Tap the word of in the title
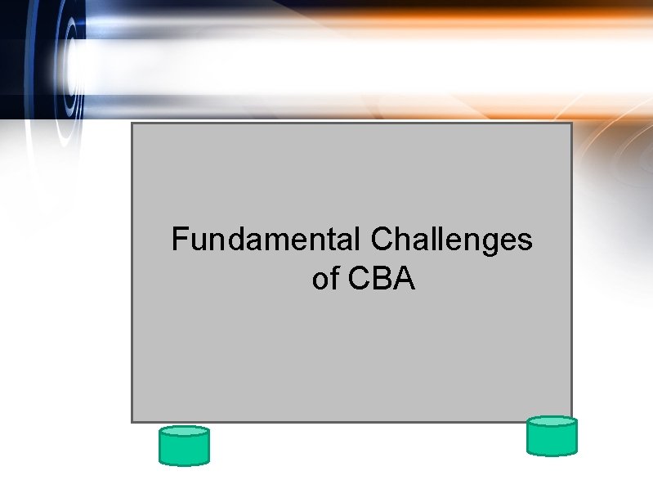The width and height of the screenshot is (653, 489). [324, 280]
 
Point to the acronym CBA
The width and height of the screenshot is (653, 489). [382, 280]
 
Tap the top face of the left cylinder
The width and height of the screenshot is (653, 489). [184, 431]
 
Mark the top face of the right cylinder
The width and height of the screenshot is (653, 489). [552, 421]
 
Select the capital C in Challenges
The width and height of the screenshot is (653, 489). [382, 240]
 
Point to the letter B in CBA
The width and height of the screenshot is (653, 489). [382, 280]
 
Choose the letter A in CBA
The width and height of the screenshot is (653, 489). [404, 280]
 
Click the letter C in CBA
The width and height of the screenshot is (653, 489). [360, 280]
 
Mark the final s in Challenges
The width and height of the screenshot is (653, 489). [525, 242]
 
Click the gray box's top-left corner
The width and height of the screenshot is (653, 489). [132, 123]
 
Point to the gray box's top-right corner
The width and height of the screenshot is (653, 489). [571, 123]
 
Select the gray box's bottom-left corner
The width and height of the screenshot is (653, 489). [132, 421]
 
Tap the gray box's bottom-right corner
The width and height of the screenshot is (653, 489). [571, 421]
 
